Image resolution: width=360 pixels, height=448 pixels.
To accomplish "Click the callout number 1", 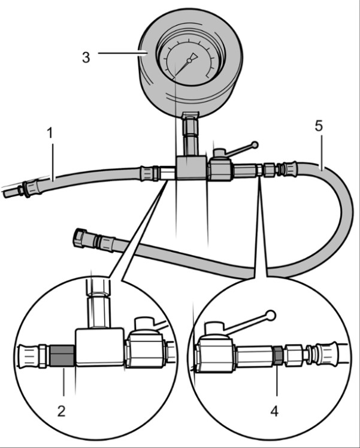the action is [50, 133].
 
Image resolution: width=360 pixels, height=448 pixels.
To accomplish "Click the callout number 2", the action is [62, 411].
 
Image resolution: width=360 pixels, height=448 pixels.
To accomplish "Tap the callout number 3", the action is [86, 57].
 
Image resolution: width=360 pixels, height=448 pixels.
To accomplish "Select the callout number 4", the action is [274, 411].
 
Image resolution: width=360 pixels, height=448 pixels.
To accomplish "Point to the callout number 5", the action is [319, 126].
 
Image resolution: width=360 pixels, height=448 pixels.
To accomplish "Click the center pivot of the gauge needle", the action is [189, 60].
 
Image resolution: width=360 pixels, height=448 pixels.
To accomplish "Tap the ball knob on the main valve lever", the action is [255, 145].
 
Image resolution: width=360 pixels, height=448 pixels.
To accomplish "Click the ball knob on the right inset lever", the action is [270, 316].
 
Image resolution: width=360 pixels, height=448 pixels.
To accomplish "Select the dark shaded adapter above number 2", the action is [62, 356].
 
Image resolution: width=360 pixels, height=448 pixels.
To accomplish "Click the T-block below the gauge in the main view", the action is [191, 168].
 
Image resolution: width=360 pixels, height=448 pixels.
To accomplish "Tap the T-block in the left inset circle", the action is [99, 347].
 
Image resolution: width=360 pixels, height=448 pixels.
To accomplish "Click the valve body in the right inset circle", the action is [215, 355].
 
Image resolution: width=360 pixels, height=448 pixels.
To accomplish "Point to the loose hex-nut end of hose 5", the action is [80, 238].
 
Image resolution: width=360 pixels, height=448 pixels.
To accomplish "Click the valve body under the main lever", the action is [220, 170].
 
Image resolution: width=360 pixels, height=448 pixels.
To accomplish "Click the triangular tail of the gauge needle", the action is [193, 56].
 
